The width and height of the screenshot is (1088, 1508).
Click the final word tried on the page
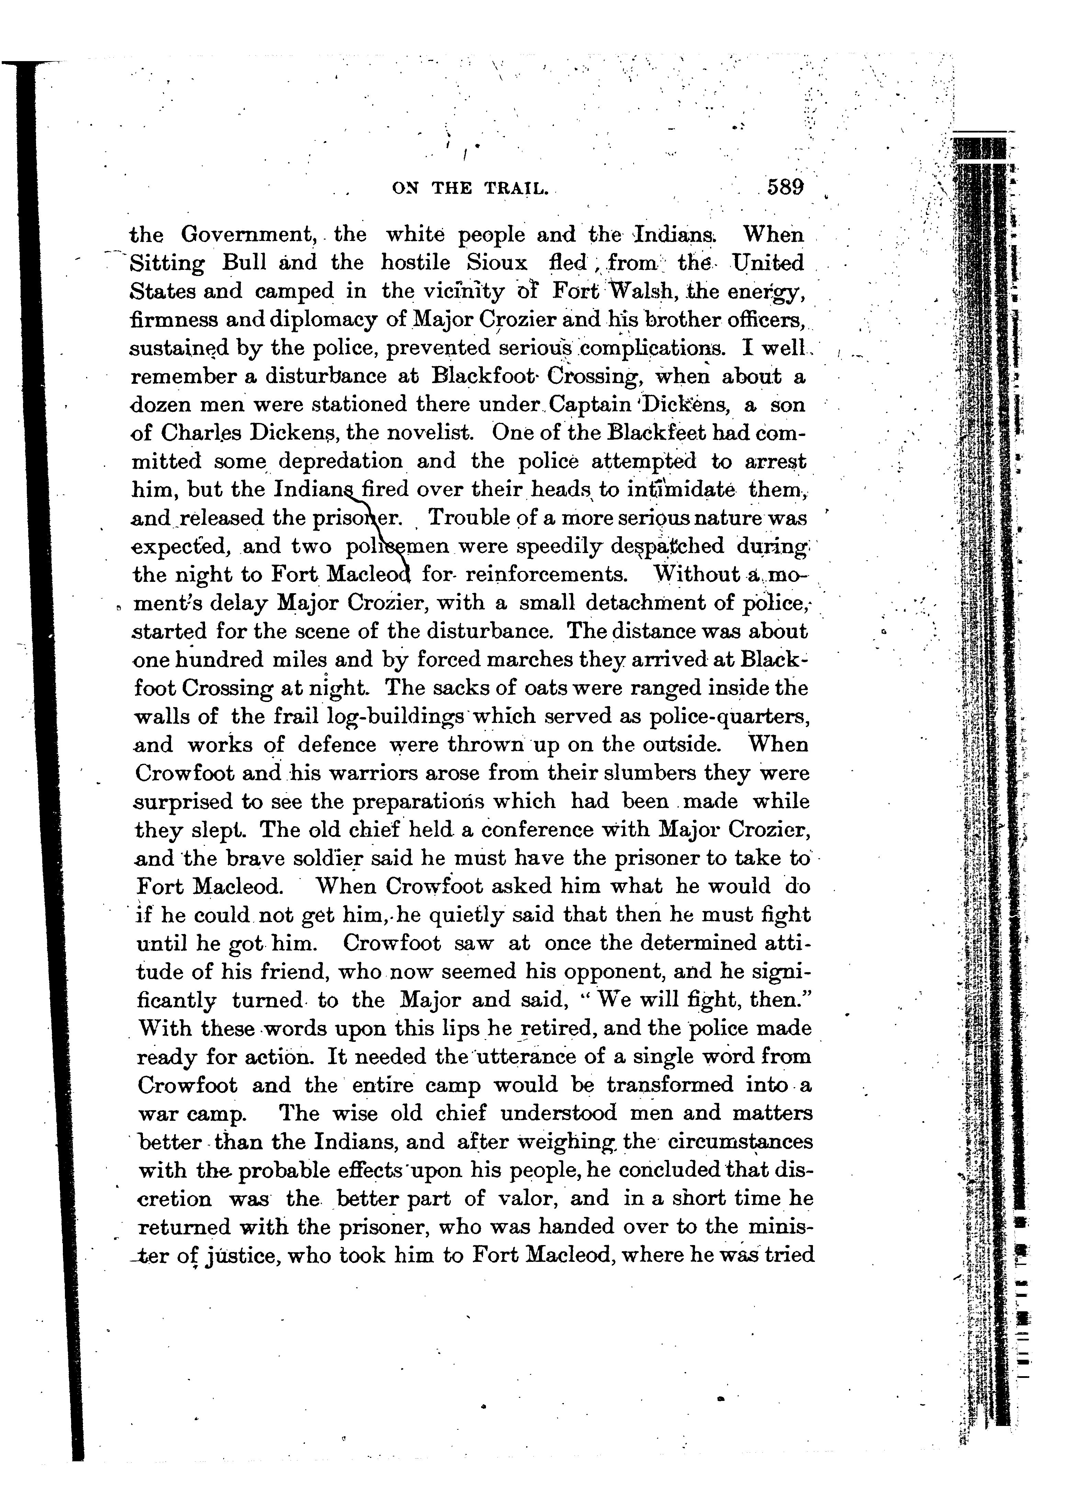point(791,1255)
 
